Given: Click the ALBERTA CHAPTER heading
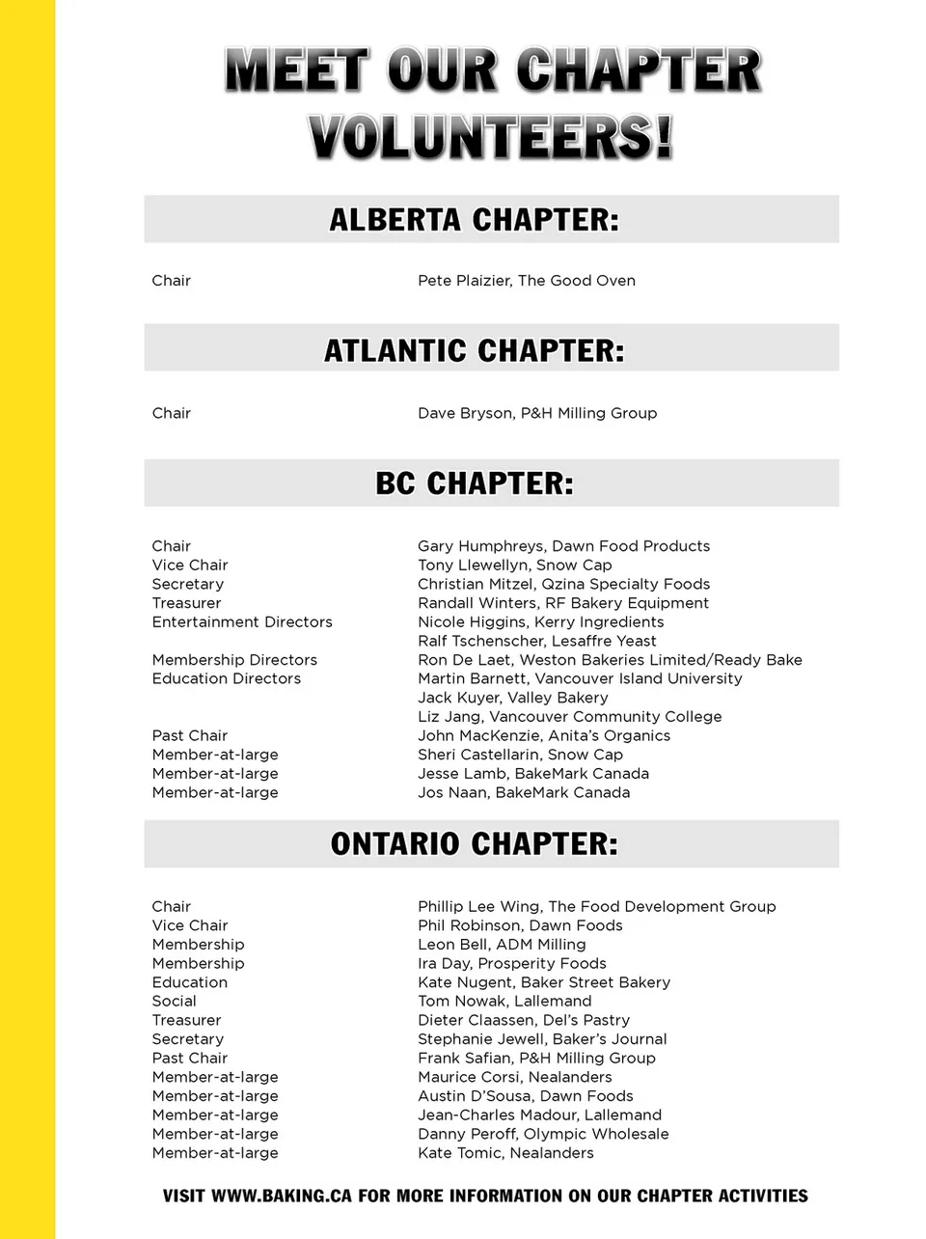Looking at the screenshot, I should coord(474,220).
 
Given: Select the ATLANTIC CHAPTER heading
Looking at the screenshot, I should coord(474,350).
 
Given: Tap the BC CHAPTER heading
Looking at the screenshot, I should coord(474,483).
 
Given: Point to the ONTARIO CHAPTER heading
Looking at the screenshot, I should coord(474,844).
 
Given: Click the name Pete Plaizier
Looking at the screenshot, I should coord(464,281).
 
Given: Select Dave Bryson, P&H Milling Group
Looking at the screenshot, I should coord(537,413).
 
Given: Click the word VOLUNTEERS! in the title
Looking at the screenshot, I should coord(490,137).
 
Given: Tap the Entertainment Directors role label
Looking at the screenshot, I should coord(242,622).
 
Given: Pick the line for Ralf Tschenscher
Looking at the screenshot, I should coord(536,641).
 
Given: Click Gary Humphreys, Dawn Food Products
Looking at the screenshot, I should coord(563,546).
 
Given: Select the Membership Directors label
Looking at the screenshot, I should coord(234,660).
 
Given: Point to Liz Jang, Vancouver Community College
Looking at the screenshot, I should coord(569,717).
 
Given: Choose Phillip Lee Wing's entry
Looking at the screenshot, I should coord(596,906).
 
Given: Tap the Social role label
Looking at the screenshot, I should coord(174,1002).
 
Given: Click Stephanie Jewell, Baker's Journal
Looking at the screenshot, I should coord(542,1039).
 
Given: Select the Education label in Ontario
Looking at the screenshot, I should coord(190,982).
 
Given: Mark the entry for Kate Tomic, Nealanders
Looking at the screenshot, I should coord(505,1153).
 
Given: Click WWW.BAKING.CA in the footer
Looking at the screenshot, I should coord(281,1197).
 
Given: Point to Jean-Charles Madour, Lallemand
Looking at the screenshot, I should coord(539,1115).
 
